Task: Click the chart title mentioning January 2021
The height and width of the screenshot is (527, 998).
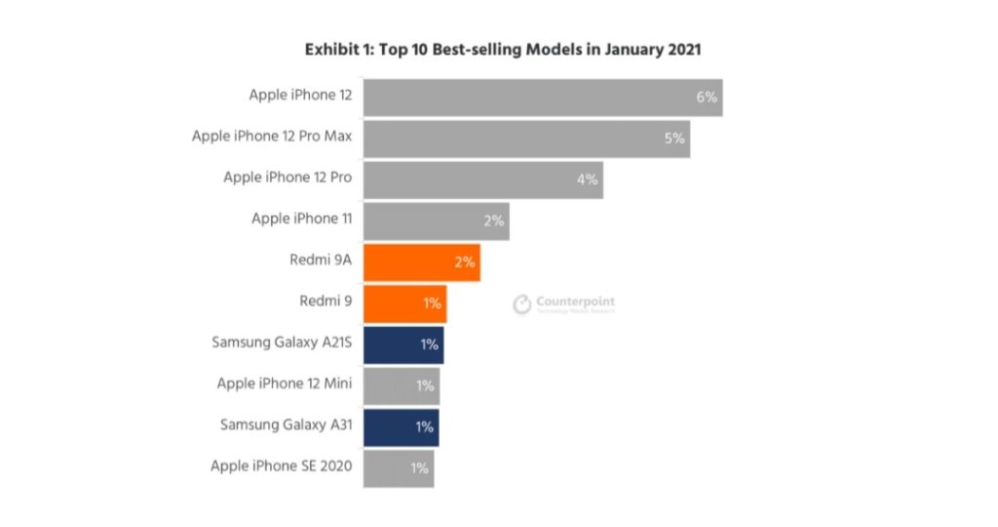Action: point(503,49)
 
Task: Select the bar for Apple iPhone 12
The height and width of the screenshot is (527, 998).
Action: point(542,97)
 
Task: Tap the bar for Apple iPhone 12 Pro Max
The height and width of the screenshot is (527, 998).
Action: point(526,138)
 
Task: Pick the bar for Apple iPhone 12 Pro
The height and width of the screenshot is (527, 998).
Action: point(482,180)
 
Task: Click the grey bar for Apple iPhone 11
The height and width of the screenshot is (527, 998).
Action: point(436,221)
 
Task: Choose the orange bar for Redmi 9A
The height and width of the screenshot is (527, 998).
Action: point(421,262)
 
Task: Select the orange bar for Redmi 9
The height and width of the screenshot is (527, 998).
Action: point(404,303)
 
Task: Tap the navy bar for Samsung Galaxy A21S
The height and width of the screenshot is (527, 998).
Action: point(403,344)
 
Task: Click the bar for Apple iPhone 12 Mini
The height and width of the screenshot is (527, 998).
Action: point(402,385)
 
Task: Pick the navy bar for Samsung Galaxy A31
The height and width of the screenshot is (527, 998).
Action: point(401,426)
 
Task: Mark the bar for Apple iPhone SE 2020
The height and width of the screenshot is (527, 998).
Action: point(398,467)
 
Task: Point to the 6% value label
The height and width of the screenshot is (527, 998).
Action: point(706,97)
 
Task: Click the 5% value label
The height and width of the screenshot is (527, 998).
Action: point(674,138)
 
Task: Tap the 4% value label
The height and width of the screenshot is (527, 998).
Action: point(587,180)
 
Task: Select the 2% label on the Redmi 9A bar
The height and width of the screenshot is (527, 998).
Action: point(464,262)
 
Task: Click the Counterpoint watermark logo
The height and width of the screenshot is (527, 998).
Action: point(564,304)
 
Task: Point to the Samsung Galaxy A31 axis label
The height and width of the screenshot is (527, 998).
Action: point(286,426)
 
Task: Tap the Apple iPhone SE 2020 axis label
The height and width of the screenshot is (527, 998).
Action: point(281,466)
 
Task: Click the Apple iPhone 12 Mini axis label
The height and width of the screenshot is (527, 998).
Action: point(284,384)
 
